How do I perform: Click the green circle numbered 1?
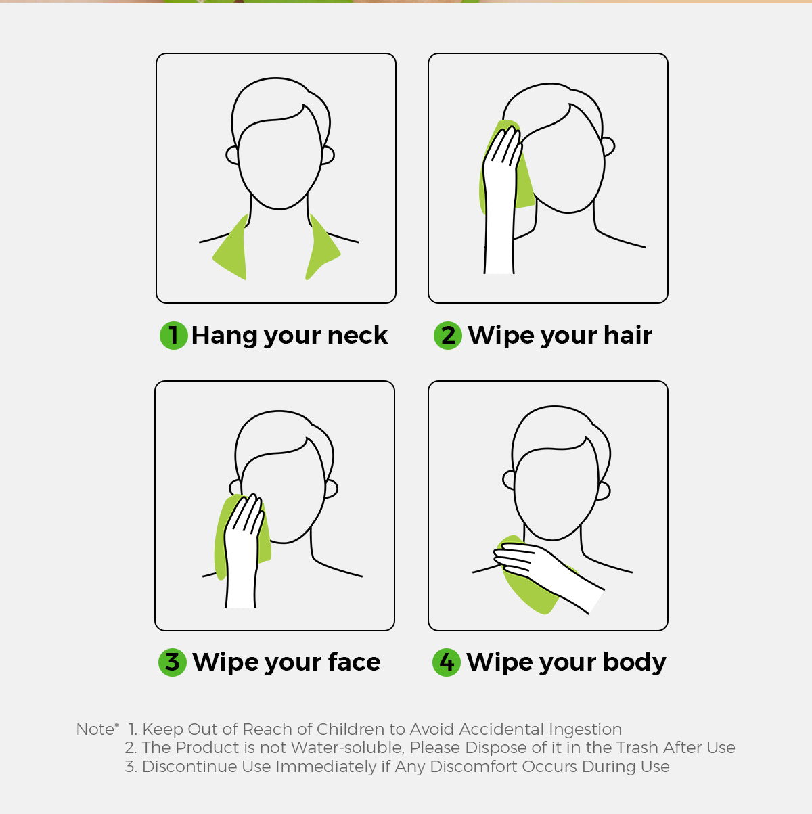pos(173,336)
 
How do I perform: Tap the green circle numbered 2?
pos(448,336)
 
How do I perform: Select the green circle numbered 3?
pos(173,662)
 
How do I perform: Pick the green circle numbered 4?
pos(447,662)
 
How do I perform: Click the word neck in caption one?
pos(357,336)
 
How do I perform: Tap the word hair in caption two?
pos(628,336)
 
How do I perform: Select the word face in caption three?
pos(354,662)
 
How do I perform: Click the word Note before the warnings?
pos(95,729)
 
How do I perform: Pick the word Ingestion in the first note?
pos(585,730)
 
